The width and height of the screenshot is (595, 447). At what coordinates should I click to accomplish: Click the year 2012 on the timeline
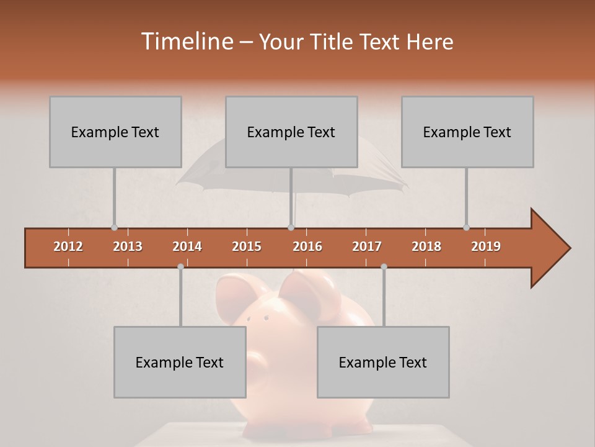(68, 246)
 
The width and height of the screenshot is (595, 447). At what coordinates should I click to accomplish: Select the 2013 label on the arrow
(128, 246)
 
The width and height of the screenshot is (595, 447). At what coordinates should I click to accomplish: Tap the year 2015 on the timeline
(247, 246)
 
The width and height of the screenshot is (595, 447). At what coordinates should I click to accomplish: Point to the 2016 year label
(307, 246)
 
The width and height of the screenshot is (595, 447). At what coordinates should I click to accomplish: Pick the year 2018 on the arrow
(426, 246)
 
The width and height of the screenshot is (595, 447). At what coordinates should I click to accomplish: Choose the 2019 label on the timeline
(486, 246)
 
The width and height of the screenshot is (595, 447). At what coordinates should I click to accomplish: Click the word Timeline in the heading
(187, 42)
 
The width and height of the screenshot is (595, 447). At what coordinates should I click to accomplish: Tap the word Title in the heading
(332, 42)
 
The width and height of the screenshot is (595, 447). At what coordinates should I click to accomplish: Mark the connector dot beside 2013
(114, 227)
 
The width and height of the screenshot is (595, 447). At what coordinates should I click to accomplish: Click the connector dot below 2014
(180, 266)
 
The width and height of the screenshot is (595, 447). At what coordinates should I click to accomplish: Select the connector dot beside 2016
(291, 227)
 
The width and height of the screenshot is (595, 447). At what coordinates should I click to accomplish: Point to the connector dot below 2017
(384, 266)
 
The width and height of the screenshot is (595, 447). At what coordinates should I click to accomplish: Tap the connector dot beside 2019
(466, 227)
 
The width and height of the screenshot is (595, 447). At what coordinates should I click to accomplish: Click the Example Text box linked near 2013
(115, 132)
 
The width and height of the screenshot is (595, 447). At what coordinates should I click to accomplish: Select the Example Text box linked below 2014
(180, 362)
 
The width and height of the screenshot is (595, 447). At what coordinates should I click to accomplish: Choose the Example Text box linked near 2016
(291, 132)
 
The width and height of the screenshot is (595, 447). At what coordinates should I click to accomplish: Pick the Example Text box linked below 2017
(383, 362)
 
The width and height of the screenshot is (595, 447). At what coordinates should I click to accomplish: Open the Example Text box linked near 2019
(467, 132)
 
